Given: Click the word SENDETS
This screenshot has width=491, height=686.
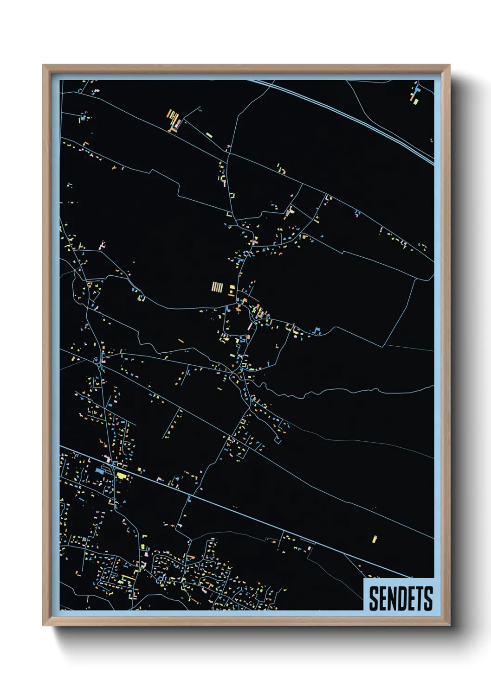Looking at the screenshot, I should coord(401,598).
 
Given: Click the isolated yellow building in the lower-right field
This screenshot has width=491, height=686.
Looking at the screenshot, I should coord(375,539).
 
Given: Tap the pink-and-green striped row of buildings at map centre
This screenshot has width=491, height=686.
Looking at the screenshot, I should coord(217,287).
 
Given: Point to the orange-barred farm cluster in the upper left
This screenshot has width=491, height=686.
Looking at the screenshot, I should coord(173,120).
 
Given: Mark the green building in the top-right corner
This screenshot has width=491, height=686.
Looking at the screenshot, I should coord(416,101).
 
